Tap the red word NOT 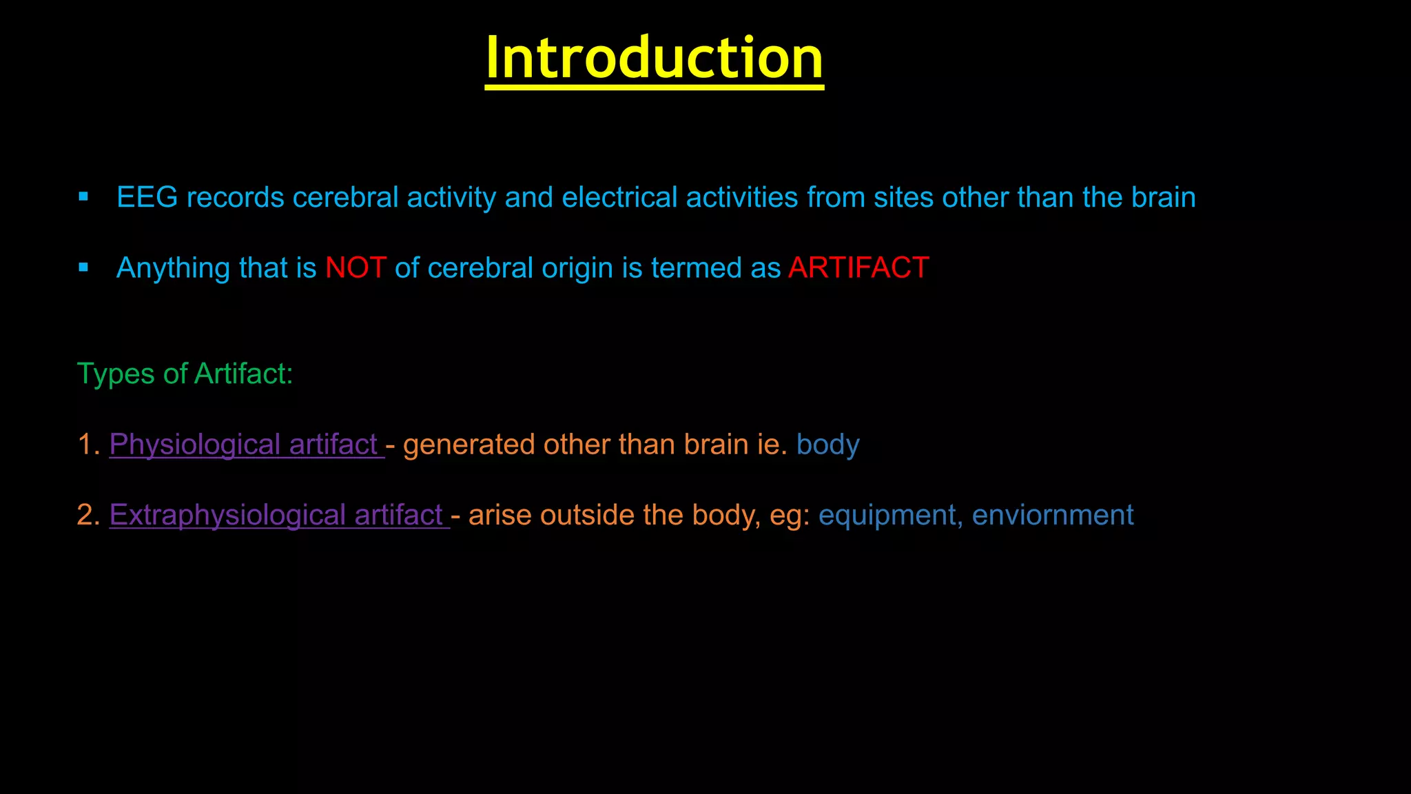click(x=356, y=268)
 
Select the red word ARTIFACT click(x=858, y=268)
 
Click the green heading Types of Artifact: click(x=185, y=374)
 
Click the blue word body click(x=827, y=445)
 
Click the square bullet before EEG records click(x=83, y=197)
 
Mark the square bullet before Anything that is click(x=83, y=267)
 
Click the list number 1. click(x=87, y=445)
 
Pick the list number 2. click(x=87, y=516)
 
